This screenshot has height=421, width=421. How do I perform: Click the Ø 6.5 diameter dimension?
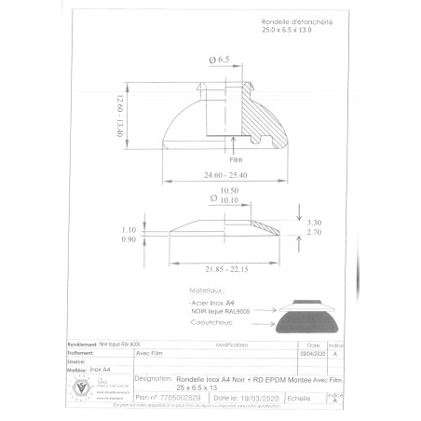(x=221, y=60)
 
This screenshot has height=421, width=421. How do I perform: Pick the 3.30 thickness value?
(x=315, y=222)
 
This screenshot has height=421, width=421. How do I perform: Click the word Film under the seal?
(x=235, y=159)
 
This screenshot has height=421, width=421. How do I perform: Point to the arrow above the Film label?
(x=235, y=148)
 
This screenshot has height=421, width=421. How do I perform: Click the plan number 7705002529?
(x=182, y=397)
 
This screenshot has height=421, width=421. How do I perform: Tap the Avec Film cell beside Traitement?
(x=152, y=353)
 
